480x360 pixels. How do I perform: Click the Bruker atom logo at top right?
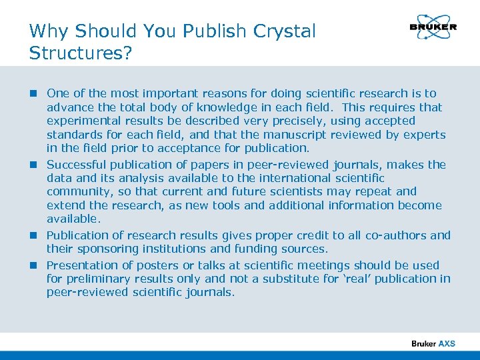click(433, 27)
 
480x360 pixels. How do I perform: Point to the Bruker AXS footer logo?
click(433, 343)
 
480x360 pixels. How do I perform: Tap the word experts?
click(424, 135)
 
